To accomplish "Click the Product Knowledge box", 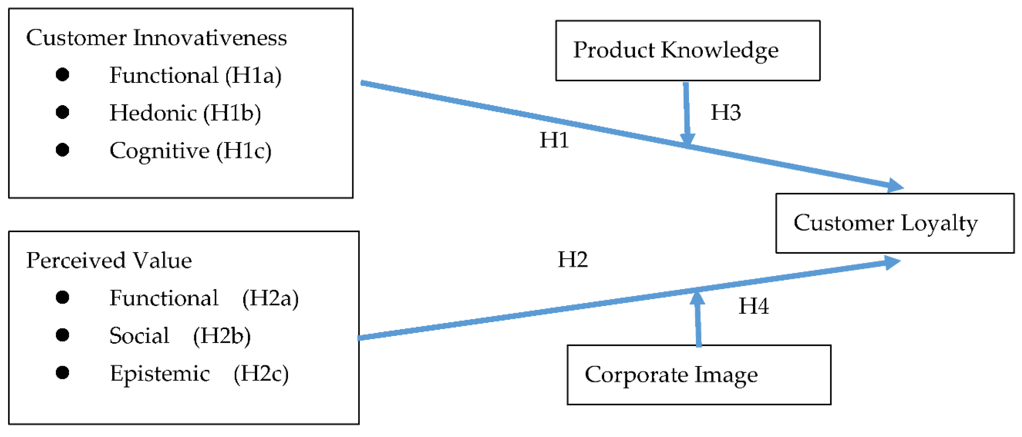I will point(688,51).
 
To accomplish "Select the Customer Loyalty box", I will point(895,223).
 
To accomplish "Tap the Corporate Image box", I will point(699,374).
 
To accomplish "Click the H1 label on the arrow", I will point(554,140).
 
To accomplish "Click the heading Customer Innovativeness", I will point(156,38).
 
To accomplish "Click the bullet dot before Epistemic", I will point(62,373).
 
